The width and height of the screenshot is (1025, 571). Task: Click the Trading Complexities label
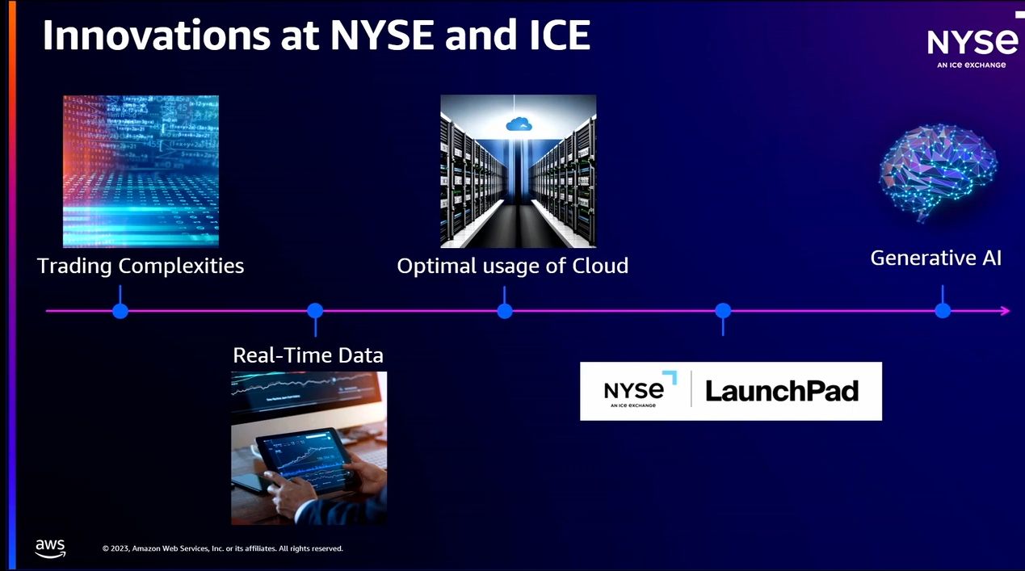click(141, 266)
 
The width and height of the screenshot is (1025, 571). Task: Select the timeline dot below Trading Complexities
click(120, 311)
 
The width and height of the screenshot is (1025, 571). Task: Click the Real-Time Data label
click(308, 355)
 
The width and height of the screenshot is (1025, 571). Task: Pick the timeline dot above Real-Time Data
click(315, 311)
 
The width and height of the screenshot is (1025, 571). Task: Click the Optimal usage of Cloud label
click(512, 266)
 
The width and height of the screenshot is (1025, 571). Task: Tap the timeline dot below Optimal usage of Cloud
click(505, 311)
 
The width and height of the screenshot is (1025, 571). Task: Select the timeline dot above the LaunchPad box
click(723, 311)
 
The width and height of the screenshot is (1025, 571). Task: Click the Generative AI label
click(935, 258)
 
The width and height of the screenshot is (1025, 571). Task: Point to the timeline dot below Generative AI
click(942, 311)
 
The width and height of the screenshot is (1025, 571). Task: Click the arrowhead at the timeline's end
click(1004, 311)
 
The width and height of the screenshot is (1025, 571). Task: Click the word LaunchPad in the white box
click(781, 392)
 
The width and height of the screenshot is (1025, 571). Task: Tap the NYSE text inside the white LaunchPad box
click(634, 390)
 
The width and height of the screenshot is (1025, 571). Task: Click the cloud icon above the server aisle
click(518, 124)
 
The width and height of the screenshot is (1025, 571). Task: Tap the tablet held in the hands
click(308, 461)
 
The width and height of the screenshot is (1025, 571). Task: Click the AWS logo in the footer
click(50, 548)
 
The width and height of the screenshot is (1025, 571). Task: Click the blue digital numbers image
click(141, 171)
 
